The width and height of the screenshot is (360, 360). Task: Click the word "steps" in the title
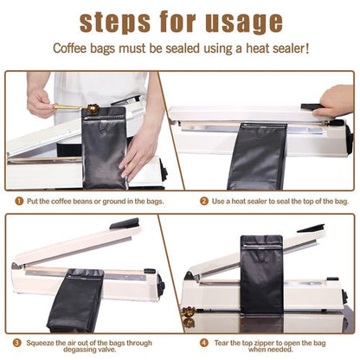(x=120, y=21)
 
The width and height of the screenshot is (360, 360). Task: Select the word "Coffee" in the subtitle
(x=74, y=49)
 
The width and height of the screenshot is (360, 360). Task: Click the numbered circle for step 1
(x=18, y=201)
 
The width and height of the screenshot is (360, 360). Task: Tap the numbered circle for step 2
(x=204, y=201)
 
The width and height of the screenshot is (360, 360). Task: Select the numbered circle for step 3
(x=18, y=342)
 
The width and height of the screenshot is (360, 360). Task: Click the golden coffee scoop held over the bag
(x=74, y=109)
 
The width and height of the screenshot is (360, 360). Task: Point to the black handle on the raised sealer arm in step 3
(x=124, y=224)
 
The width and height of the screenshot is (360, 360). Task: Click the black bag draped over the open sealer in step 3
(x=75, y=299)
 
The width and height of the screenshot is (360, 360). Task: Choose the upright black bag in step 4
(x=261, y=275)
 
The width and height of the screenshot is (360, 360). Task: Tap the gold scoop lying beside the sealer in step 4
(x=188, y=310)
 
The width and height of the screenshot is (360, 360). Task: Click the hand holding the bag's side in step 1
(x=138, y=147)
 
